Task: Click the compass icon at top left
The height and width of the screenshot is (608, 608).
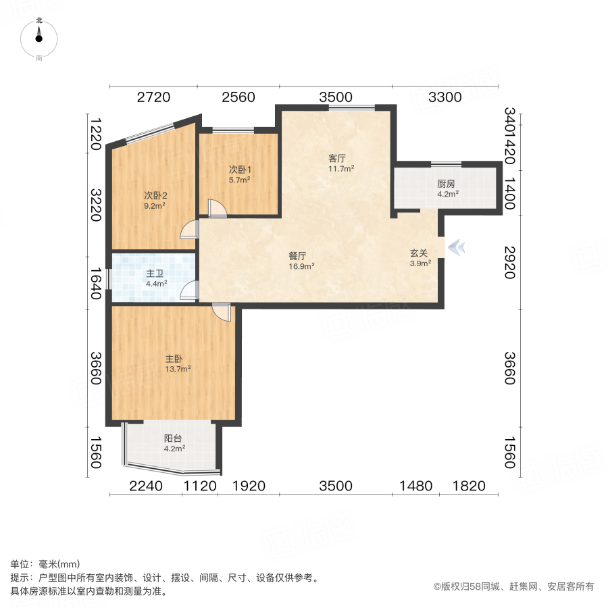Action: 39,37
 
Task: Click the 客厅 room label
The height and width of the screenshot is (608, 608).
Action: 337,159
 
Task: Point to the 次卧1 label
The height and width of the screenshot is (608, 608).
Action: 239,170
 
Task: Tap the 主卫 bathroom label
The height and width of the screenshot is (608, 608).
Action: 155,274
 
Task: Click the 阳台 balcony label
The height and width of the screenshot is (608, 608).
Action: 174,438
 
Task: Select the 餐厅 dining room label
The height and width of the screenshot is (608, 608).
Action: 298,256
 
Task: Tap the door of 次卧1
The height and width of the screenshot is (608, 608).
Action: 217,209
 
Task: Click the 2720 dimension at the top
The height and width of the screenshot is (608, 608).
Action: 153,97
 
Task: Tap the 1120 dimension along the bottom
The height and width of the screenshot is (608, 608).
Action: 200,486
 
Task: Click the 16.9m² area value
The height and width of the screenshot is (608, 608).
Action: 301,265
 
